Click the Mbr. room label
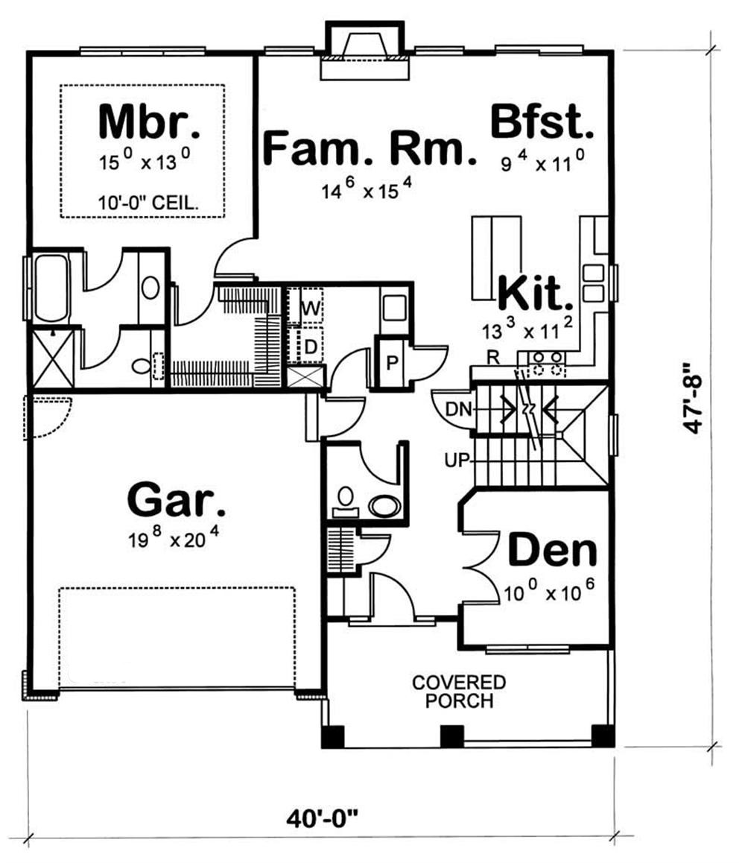coord(149,123)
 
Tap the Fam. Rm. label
coord(370,148)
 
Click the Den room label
coord(552,551)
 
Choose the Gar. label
coord(177,500)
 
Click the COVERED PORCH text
coord(459,692)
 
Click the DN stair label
coord(457,409)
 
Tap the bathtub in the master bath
coord(50,288)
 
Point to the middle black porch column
coord(451,736)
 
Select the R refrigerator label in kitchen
coord(492,358)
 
